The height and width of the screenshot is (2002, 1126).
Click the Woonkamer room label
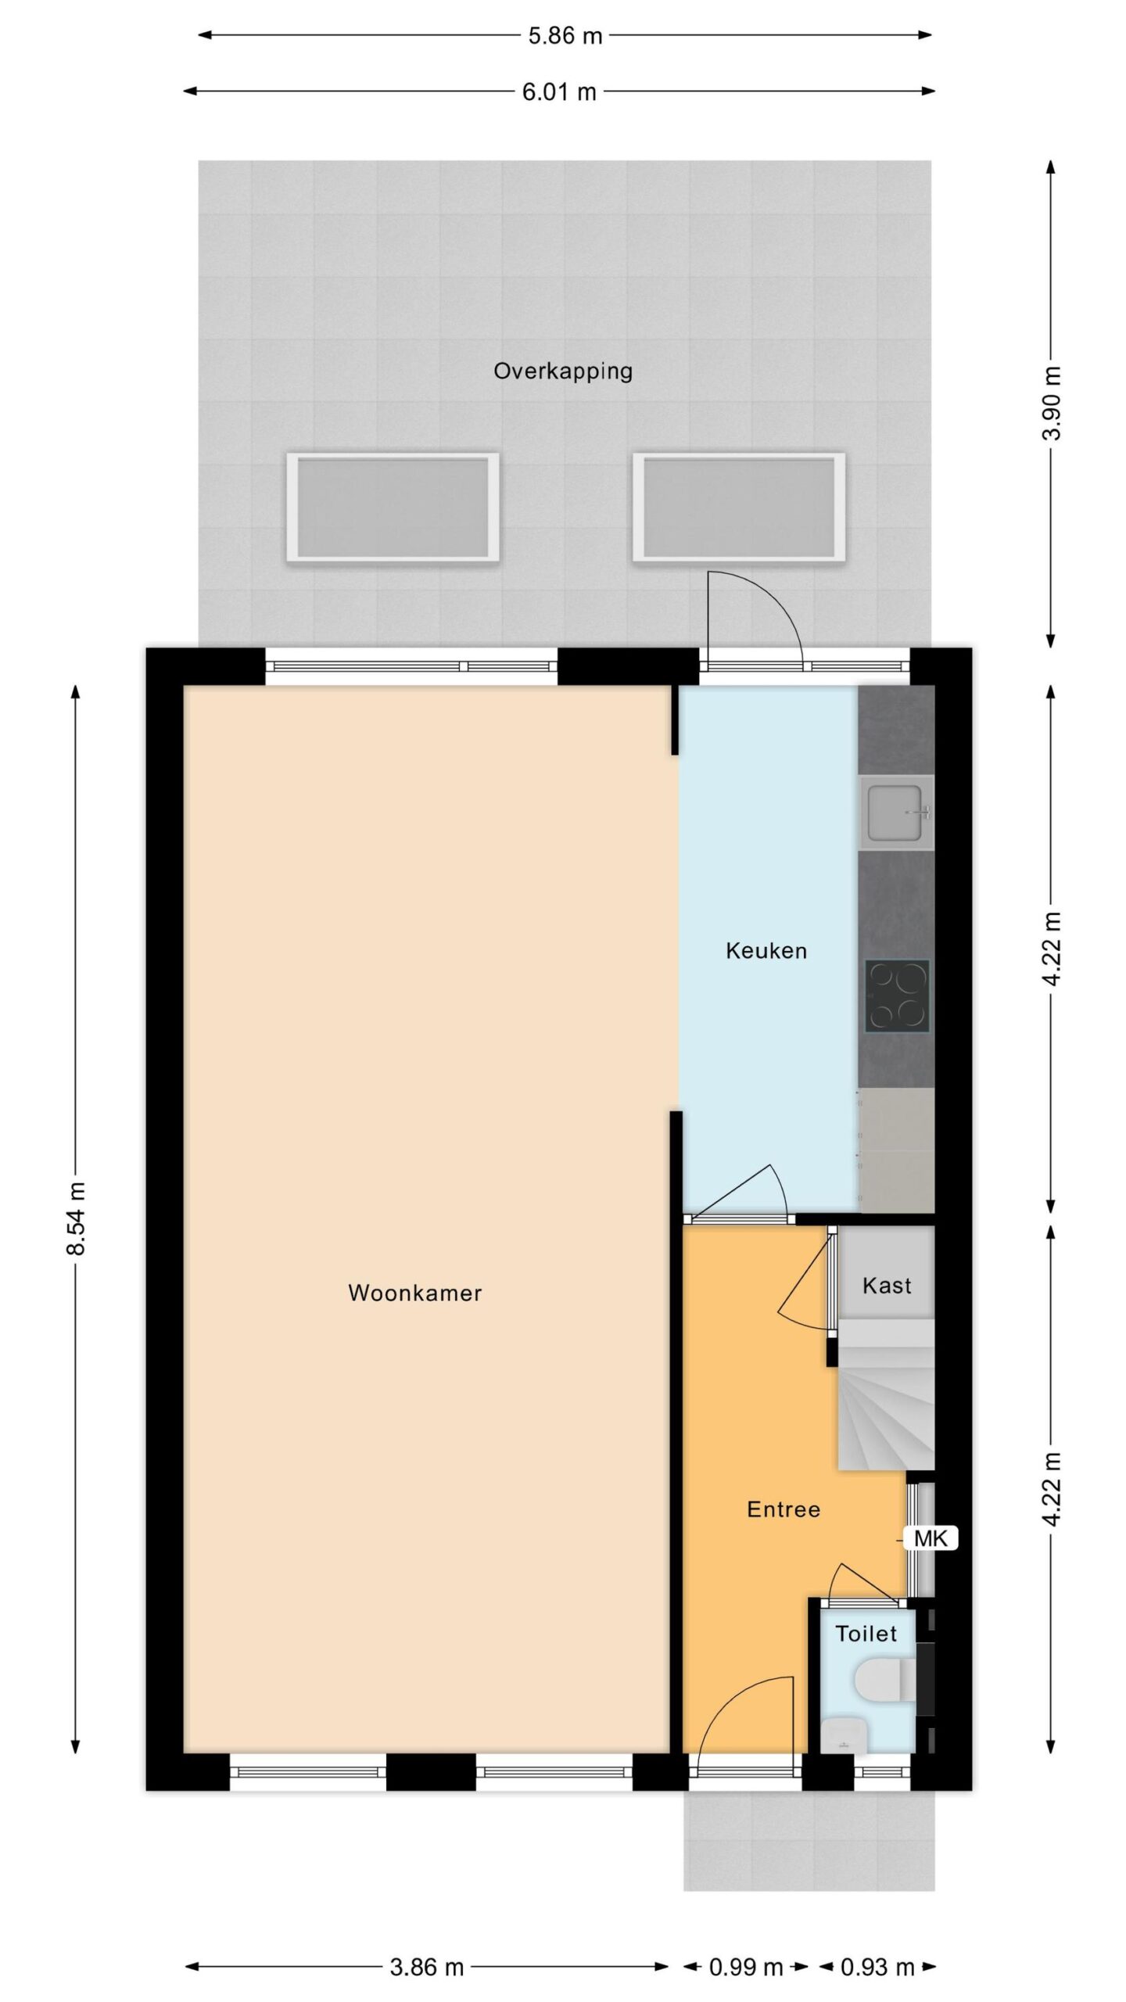click(414, 1293)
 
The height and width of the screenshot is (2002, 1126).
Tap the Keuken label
click(766, 951)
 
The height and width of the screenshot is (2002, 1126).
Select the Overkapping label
click(563, 371)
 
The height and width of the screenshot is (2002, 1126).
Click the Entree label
click(784, 1509)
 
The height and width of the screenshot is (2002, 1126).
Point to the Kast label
click(887, 1286)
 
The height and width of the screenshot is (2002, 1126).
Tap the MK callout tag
click(931, 1539)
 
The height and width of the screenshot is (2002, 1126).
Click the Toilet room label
click(866, 1634)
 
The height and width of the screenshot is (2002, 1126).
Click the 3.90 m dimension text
click(1052, 404)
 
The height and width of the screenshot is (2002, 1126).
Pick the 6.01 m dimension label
click(559, 92)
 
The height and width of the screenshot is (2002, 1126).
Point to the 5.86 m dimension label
click(565, 36)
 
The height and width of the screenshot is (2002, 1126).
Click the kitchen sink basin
click(896, 813)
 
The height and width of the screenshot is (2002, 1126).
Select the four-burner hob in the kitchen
click(897, 995)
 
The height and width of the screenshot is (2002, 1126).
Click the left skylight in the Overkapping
click(393, 507)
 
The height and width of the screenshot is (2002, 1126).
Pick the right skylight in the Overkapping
click(739, 507)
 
